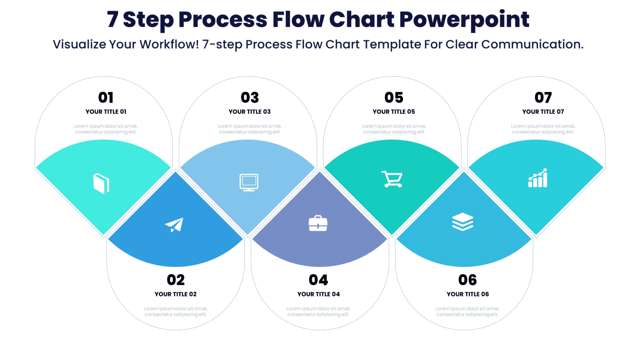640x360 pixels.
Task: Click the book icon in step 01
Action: click(x=101, y=183)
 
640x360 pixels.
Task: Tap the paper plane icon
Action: click(x=174, y=225)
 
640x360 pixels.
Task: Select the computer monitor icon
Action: click(x=249, y=182)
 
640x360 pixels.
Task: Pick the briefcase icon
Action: click(x=318, y=223)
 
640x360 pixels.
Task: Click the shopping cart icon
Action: click(x=392, y=179)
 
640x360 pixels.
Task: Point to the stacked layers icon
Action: click(x=462, y=222)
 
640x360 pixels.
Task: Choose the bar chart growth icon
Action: click(x=537, y=178)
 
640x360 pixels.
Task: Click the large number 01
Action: click(x=106, y=97)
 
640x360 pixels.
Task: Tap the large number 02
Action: click(x=175, y=280)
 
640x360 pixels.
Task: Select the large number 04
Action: click(x=318, y=280)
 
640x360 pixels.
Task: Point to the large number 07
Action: click(x=543, y=97)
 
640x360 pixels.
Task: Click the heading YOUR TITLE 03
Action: click(x=250, y=112)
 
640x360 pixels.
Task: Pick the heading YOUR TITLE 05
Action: click(x=394, y=112)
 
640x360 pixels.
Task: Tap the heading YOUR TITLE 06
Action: click(x=467, y=294)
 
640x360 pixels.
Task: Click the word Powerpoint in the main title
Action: click(x=464, y=20)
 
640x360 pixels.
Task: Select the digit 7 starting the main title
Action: click(x=112, y=20)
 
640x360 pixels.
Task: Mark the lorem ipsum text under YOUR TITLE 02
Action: click(x=175, y=312)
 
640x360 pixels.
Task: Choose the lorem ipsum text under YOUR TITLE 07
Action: click(x=543, y=129)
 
